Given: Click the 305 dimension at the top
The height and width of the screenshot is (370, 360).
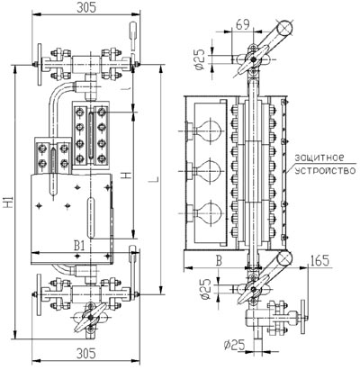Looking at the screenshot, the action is pos(86,7).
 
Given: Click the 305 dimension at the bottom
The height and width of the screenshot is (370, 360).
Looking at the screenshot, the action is pos(86,354).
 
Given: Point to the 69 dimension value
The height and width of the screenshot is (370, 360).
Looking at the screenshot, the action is pos(243,24).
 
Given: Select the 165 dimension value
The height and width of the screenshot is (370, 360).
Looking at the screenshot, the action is pos(319,260).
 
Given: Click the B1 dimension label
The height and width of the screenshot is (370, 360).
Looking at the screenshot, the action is pos(79,246).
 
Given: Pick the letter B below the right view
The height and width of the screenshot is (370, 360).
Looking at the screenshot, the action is pos(220,260).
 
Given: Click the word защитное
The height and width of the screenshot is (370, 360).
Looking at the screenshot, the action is pos(319,158).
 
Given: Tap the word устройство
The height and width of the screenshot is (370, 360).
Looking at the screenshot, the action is pos(325,170).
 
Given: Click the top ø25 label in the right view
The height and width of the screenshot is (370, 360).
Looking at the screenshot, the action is pos(200,59).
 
